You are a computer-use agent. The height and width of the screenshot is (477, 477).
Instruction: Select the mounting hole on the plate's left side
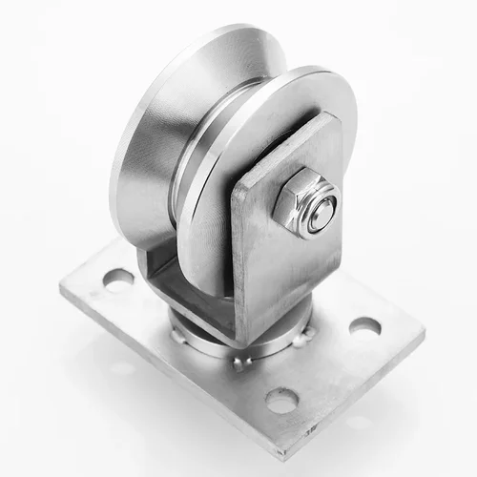click(x=118, y=280)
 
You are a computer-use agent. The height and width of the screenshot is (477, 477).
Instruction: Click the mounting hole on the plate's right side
click(x=364, y=327)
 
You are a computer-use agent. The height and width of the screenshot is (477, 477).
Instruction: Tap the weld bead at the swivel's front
click(x=238, y=362)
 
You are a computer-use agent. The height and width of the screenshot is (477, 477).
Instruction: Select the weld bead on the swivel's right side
click(x=303, y=335)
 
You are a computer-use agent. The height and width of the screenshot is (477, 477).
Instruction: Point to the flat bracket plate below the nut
click(x=286, y=277)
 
